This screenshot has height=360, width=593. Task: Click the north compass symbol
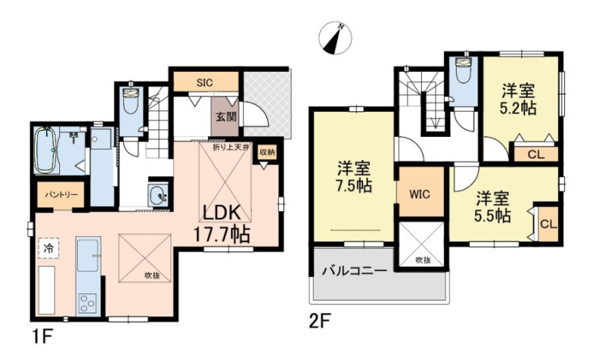335,37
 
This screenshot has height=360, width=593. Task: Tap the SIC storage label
205,83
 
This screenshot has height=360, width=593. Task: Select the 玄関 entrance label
226,116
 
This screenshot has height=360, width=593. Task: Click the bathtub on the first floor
45,150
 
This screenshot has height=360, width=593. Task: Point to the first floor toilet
131,100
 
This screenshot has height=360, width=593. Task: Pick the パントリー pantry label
61,195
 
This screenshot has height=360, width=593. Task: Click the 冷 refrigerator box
48,248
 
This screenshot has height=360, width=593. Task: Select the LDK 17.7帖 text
222,224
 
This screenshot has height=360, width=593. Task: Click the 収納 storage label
267,153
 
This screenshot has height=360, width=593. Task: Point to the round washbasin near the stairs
158,196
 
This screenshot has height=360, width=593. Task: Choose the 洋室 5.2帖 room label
517,99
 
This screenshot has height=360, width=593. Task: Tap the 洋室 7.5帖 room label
354,177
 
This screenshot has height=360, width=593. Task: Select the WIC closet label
420,194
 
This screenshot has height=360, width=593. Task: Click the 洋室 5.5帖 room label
492,207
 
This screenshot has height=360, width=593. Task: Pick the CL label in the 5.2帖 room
536,154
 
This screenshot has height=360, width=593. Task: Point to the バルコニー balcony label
354,271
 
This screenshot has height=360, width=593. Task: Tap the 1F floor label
41,337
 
